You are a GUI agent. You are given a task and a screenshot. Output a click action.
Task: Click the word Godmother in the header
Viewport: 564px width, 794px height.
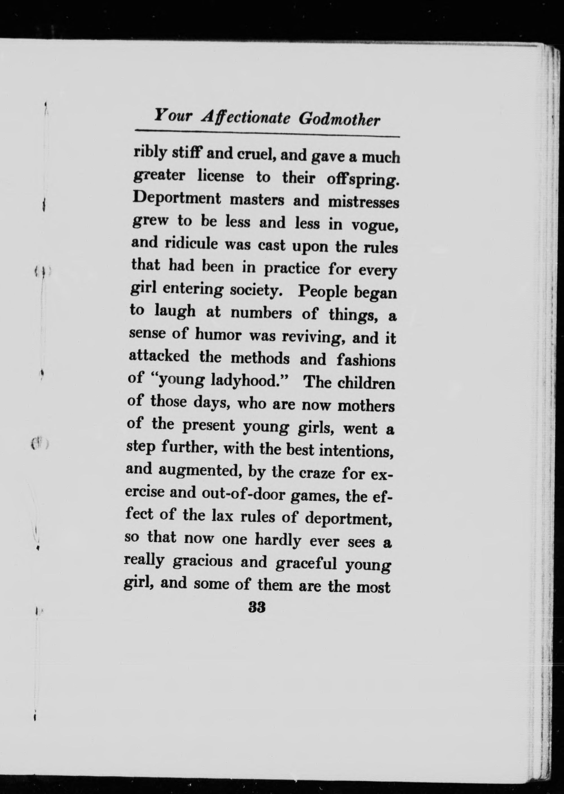pos(339,120)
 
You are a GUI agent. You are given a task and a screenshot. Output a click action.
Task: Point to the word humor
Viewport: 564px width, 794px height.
pos(218,335)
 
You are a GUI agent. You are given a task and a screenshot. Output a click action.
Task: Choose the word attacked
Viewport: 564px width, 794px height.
pos(159,356)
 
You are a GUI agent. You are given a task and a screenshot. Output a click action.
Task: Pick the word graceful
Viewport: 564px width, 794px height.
pos(306,563)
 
